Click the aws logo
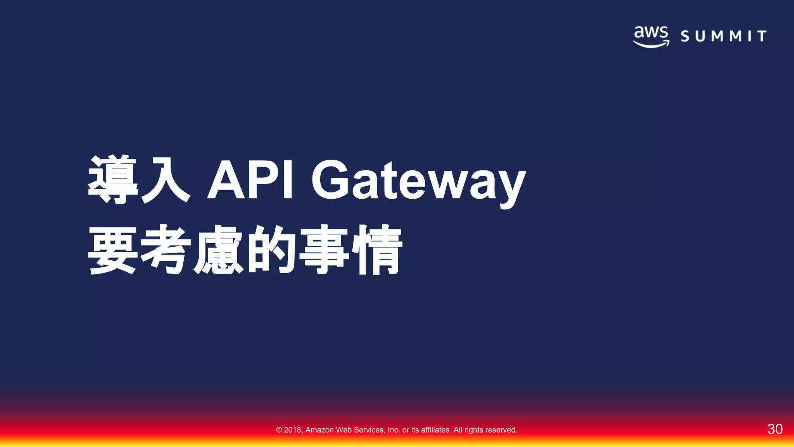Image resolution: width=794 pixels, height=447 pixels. (651, 36)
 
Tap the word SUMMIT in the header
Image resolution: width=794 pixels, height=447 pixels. (723, 36)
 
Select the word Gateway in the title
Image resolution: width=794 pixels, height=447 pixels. (419, 182)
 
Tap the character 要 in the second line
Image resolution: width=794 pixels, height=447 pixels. (113, 249)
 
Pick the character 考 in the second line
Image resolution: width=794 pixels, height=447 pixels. (166, 249)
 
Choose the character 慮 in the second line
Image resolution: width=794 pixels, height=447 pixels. (218, 249)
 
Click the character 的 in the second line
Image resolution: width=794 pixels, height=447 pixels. (271, 249)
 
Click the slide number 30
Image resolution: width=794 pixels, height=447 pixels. (775, 429)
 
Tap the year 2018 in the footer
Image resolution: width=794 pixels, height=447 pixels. (293, 430)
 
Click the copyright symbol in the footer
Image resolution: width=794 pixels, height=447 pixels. (279, 430)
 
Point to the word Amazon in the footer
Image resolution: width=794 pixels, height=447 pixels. (319, 430)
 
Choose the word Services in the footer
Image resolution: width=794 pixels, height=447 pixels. (369, 430)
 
